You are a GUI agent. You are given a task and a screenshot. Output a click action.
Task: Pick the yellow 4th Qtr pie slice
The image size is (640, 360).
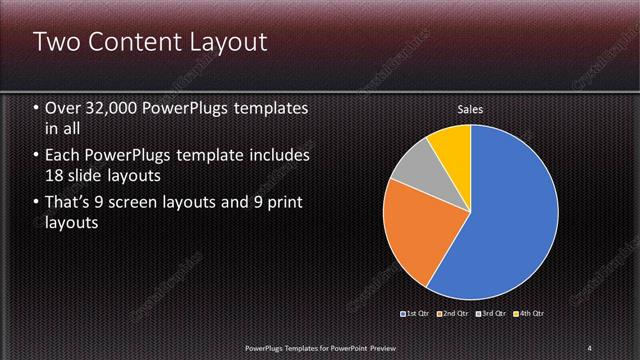pyautogui.click(x=451, y=146)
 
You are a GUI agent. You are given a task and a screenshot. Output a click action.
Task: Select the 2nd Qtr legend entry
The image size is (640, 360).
pyautogui.click(x=454, y=314)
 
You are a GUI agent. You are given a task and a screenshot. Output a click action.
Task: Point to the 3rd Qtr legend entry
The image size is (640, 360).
pyautogui.click(x=491, y=314)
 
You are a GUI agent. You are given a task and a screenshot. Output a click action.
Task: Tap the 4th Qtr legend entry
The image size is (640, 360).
pyautogui.click(x=529, y=314)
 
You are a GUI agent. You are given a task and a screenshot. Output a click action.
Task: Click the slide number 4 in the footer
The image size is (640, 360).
pyautogui.click(x=590, y=347)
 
